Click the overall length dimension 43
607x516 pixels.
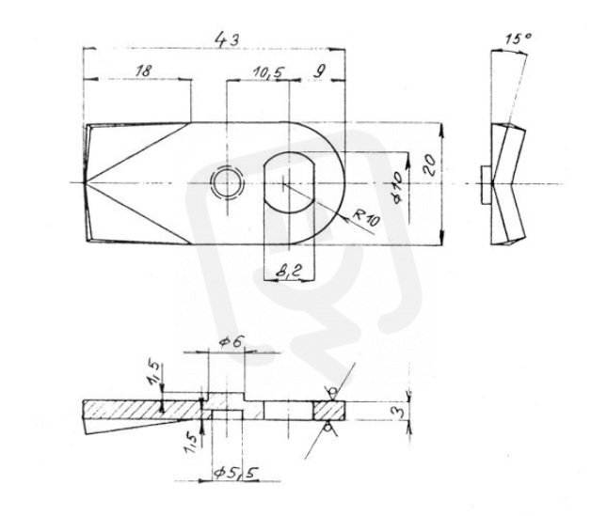click(x=227, y=39)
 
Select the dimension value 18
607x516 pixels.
click(x=144, y=71)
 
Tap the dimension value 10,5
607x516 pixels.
click(x=268, y=72)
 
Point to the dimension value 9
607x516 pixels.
click(x=319, y=71)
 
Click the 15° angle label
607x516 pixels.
click(x=518, y=39)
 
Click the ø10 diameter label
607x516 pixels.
click(x=399, y=187)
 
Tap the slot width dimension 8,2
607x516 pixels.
click(x=288, y=271)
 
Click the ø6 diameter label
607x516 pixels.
click(x=232, y=342)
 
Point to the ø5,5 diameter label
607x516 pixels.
click(x=236, y=473)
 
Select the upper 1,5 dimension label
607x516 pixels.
click(x=152, y=373)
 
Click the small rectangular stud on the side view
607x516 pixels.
click(x=487, y=185)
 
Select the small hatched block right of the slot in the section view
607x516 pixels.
click(x=328, y=411)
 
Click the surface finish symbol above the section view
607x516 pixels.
click(x=336, y=387)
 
